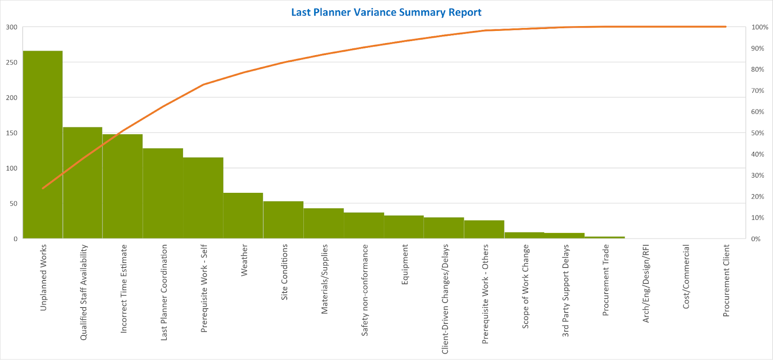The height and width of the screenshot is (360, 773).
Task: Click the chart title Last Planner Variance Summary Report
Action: [x=386, y=12]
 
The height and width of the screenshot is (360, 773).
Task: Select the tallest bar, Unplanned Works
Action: [x=43, y=144]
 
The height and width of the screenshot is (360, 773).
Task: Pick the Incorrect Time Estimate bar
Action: [x=123, y=186]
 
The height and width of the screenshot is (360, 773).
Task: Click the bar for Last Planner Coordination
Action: [x=163, y=193]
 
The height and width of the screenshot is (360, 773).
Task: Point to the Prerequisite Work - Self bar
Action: [x=203, y=198]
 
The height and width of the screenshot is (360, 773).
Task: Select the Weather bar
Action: [x=243, y=216]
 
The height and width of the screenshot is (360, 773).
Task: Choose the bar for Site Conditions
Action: [x=283, y=220]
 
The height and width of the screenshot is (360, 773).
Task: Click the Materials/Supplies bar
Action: [x=324, y=223]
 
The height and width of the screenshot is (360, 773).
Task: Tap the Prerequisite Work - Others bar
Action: [x=484, y=230]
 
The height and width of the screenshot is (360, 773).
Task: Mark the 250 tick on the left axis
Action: [x=12, y=62]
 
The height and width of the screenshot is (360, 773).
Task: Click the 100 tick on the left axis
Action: [x=12, y=168]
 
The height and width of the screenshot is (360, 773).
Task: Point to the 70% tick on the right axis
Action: [x=758, y=91]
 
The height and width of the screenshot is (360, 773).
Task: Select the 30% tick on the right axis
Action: [x=758, y=175]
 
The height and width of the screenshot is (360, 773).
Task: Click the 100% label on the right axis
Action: [x=759, y=27]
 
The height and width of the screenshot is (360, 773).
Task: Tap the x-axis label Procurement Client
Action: [x=726, y=281]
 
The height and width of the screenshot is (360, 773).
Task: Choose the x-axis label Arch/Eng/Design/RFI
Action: [x=646, y=284]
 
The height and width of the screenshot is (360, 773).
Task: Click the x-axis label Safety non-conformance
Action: [x=365, y=290]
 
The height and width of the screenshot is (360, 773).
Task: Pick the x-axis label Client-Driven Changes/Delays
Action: [x=445, y=299]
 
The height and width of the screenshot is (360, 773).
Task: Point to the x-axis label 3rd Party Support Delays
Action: [x=566, y=290]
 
